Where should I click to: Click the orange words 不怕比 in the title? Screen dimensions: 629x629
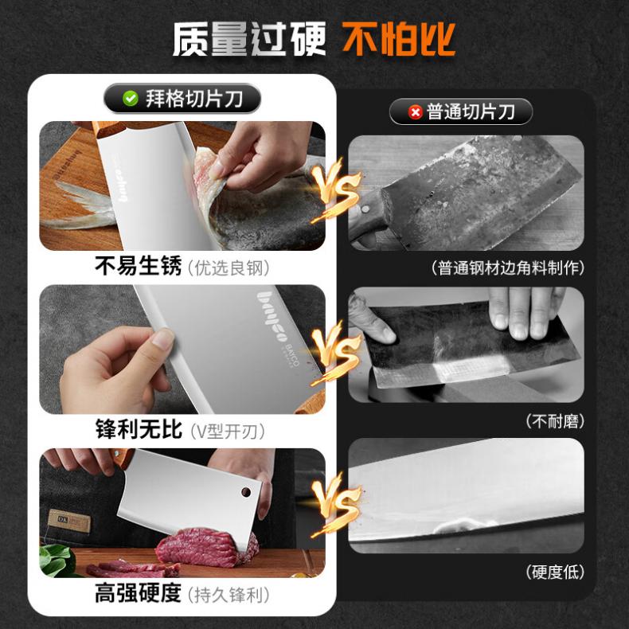(399, 39)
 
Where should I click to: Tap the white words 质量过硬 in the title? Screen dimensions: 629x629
(249, 39)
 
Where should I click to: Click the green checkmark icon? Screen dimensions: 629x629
(131, 98)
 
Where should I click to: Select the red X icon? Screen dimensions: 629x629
(415, 112)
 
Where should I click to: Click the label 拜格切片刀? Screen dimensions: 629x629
(194, 98)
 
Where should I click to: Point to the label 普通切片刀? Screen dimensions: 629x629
(471, 112)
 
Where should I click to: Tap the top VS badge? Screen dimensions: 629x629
(336, 189)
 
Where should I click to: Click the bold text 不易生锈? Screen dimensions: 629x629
(139, 266)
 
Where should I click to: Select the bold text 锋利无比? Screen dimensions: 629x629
(139, 429)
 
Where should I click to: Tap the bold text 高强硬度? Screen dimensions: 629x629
(139, 593)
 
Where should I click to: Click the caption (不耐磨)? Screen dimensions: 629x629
(556, 421)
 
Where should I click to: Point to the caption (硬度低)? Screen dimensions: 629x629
(556, 572)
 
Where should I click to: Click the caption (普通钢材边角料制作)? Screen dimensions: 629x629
(508, 268)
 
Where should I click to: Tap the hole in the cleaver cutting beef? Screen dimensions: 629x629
(246, 492)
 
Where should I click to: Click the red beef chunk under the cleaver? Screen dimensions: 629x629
(207, 547)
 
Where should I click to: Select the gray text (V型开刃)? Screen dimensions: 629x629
(228, 432)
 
